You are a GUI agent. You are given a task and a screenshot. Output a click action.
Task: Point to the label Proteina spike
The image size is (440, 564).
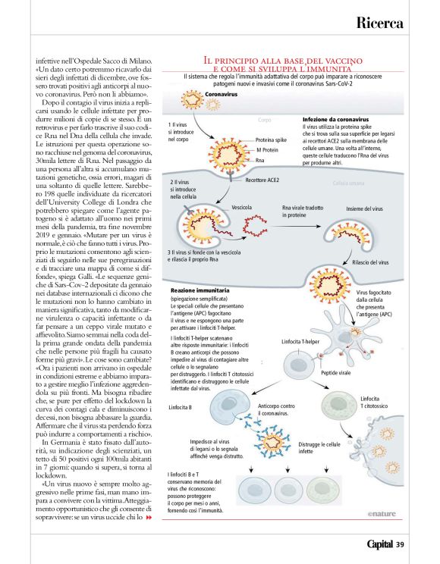pos(271,140)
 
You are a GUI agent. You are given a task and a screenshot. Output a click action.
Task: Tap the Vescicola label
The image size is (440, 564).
pos(242,206)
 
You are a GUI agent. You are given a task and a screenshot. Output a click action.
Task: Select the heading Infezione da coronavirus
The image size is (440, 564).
pos(335,119)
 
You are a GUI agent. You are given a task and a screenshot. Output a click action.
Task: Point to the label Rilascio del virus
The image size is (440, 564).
pos(369,262)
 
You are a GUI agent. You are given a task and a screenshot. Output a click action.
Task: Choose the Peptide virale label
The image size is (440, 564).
pos(336,373)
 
